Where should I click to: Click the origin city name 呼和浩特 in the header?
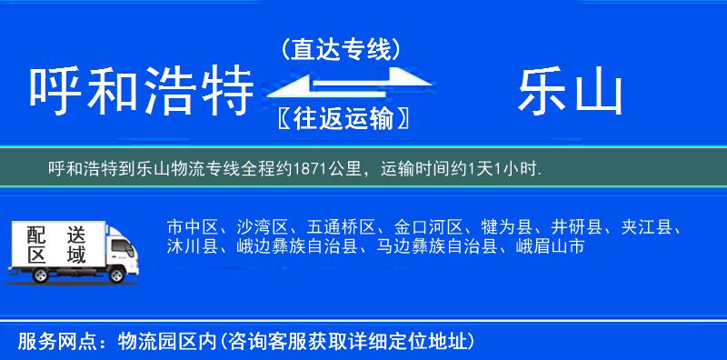coord(141,93)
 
